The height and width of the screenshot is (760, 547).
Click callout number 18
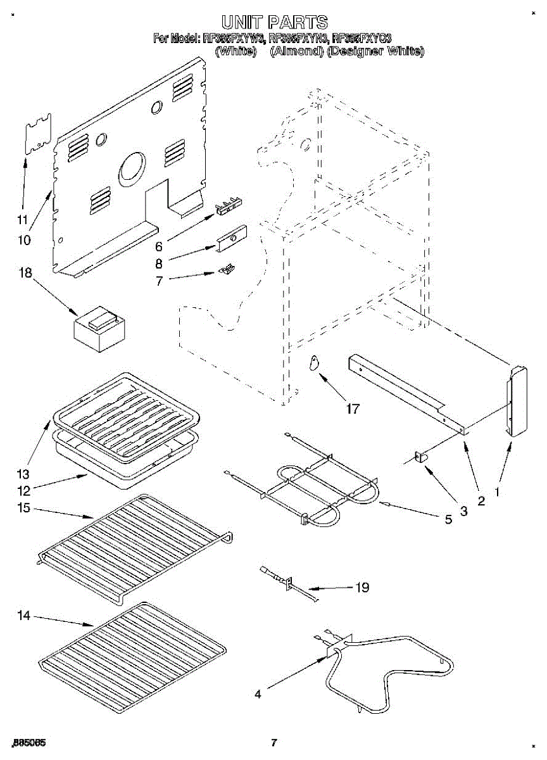[25, 272]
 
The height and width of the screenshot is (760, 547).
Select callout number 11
[23, 220]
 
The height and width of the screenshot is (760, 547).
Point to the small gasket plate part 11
[37, 135]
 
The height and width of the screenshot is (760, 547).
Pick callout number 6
[159, 246]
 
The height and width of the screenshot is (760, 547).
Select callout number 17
[352, 408]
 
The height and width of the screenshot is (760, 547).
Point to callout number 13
[23, 474]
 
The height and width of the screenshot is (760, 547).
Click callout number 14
[25, 616]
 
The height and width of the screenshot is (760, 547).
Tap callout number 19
[362, 587]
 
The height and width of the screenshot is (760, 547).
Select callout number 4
[257, 694]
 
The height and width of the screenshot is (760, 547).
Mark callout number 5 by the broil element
[448, 519]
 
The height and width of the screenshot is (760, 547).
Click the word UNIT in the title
[244, 23]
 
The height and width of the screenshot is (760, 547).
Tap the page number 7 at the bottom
[273, 742]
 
